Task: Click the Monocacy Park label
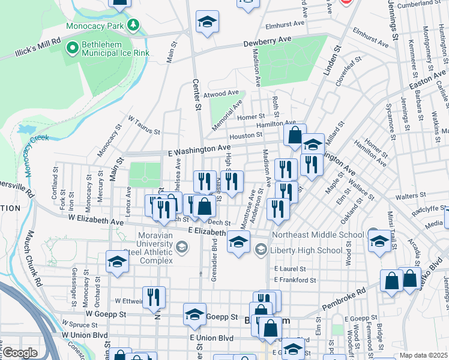pyautogui.click(x=95, y=26)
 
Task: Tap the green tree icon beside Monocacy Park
pyautogui.click(x=132, y=25)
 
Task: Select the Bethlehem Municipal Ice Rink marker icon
pyautogui.click(x=73, y=46)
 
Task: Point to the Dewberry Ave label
pyautogui.click(x=267, y=40)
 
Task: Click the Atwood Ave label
pyautogui.click(x=221, y=94)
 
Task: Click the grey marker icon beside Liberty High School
pyautogui.click(x=261, y=249)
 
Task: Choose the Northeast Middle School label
pyautogui.click(x=318, y=235)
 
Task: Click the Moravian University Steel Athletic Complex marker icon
pyautogui.click(x=182, y=247)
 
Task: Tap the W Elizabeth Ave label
pyautogui.click(x=96, y=220)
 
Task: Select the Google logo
pyautogui.click(x=20, y=353)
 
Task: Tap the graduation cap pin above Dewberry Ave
pyautogui.click(x=207, y=22)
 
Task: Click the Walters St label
pyautogui.click(x=415, y=196)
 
